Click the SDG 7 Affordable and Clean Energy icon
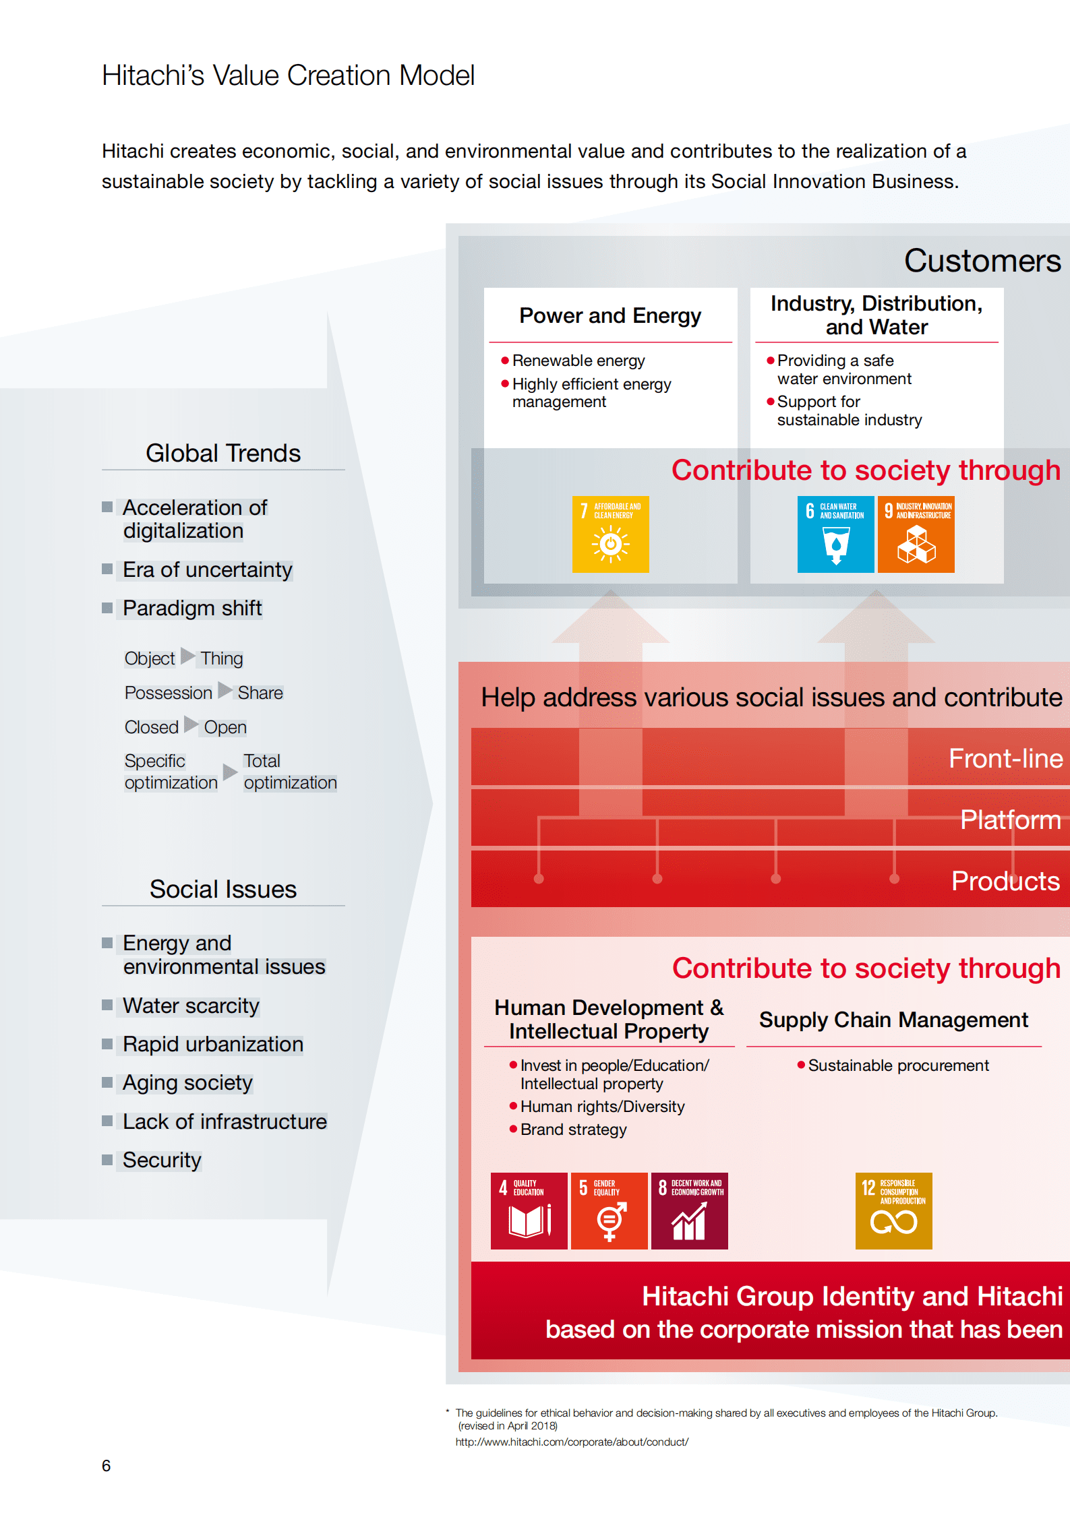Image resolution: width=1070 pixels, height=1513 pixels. (610, 534)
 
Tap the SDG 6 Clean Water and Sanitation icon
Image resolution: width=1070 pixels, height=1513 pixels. (835, 534)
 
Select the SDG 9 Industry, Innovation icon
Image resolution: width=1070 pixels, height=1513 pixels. (916, 534)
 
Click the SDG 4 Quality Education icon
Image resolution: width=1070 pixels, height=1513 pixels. (529, 1210)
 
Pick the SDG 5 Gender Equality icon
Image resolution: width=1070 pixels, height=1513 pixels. (609, 1210)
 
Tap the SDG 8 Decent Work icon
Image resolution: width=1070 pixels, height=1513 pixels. (689, 1210)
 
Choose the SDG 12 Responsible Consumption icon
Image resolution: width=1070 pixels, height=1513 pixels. (893, 1210)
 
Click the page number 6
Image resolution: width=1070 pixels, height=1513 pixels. (106, 1465)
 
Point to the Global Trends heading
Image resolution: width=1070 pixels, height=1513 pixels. (223, 453)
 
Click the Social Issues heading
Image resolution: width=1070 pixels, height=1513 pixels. (223, 889)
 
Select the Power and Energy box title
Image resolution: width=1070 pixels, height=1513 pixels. (610, 315)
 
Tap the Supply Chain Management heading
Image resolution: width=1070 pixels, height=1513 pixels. (893, 1020)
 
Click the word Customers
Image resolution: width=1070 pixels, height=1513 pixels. (982, 261)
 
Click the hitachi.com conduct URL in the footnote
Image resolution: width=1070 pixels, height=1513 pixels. (572, 1442)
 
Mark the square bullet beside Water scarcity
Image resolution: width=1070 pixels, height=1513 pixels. (107, 1005)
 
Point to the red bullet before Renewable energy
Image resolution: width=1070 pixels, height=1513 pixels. (504, 361)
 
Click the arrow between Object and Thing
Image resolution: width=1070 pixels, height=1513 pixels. (187, 656)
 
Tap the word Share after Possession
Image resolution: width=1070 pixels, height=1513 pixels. (260, 693)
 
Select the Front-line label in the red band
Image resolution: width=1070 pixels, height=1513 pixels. (1005, 758)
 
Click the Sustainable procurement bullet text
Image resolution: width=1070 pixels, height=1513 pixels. (898, 1066)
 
